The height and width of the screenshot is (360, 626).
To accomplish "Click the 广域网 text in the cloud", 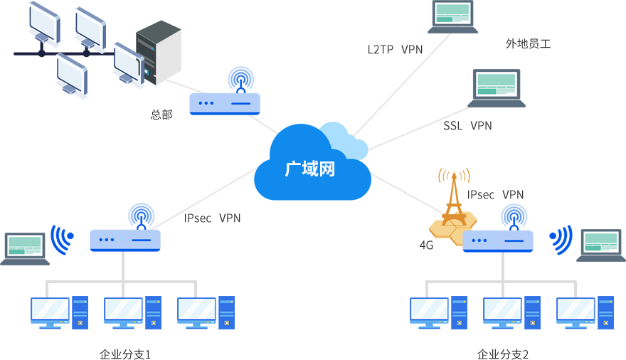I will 309,169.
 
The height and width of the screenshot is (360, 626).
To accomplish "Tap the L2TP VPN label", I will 396,49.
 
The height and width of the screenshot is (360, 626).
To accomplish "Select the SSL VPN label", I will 467,126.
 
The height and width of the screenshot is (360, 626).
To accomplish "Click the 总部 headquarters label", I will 161,114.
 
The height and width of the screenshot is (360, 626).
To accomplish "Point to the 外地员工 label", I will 528,44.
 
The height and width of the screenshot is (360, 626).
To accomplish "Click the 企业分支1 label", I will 125,354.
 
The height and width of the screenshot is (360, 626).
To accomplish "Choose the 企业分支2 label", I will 503,354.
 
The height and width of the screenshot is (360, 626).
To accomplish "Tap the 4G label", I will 426,245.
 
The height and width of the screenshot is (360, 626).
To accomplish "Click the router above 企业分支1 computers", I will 125,228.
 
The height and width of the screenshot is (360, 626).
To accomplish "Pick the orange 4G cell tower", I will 450,206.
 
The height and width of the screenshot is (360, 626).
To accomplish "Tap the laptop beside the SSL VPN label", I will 497,88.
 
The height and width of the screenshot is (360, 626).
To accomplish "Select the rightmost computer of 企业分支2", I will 585,312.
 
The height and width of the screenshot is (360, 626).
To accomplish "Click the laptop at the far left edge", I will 24,247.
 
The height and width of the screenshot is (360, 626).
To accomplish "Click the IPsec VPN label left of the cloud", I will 212,218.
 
